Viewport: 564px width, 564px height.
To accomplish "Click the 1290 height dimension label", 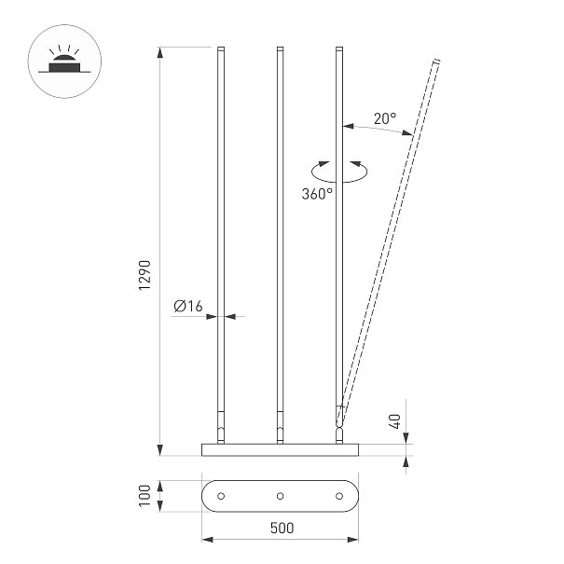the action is tap(144, 275).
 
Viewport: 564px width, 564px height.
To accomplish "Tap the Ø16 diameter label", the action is tap(188, 306).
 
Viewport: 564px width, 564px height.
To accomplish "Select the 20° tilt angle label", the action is tap(385, 118).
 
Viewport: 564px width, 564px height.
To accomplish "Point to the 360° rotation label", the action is tap(317, 194).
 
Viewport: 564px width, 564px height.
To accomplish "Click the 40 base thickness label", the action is tap(394, 421).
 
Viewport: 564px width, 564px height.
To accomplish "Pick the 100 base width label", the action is tap(144, 496).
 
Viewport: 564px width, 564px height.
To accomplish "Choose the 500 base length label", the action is tap(282, 528).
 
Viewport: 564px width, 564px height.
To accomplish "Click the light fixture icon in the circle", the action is tap(64, 62).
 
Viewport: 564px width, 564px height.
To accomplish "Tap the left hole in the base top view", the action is tap(221, 496).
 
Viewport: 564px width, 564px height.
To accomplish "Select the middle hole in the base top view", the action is tap(281, 496).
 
